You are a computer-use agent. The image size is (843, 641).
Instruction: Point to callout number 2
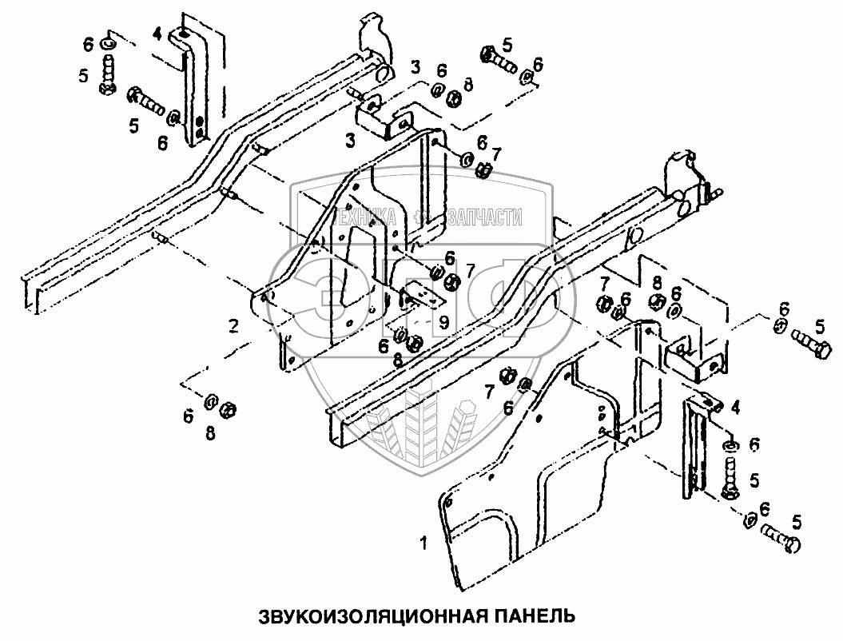(233, 325)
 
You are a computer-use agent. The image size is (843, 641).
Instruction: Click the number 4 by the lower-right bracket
(735, 408)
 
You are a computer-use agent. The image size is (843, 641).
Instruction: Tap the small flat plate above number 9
(421, 297)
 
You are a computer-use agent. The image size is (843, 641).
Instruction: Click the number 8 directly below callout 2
(210, 433)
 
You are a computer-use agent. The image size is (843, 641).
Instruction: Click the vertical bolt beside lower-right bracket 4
(731, 479)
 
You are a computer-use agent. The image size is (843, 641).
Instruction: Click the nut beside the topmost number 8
(452, 98)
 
